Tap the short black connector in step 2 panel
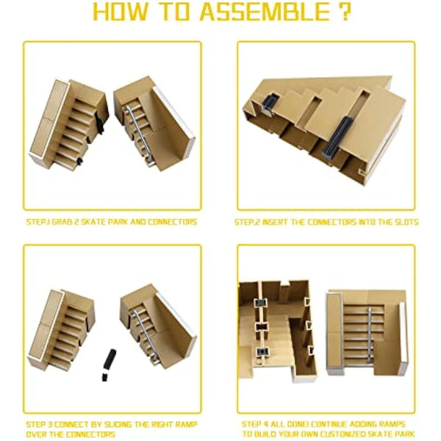[269, 104]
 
